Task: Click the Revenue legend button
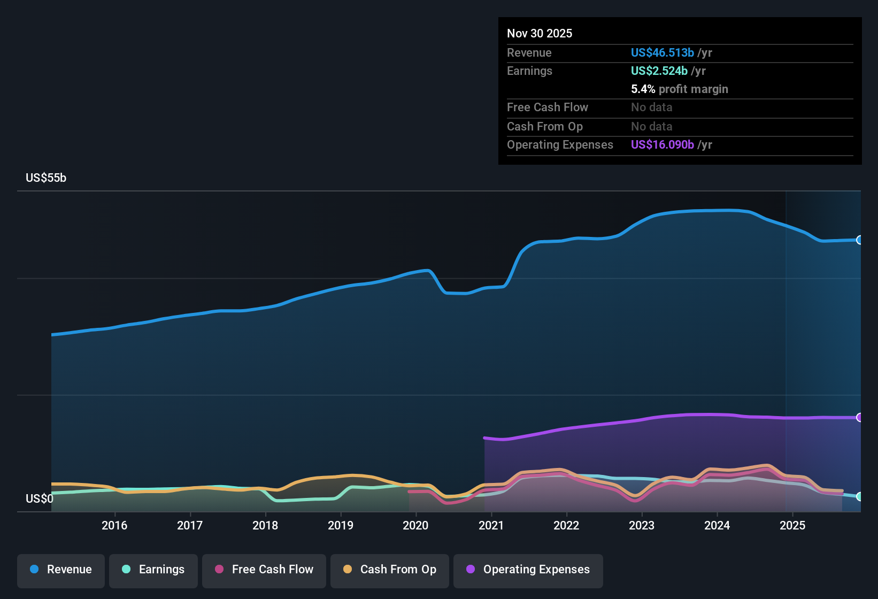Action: [61, 570]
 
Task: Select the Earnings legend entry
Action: [153, 570]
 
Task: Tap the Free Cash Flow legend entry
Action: [264, 570]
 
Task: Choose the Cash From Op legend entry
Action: [390, 570]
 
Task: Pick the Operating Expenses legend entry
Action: [528, 570]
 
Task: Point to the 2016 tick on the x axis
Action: [114, 525]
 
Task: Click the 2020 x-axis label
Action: [415, 525]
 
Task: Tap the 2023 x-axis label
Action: [642, 525]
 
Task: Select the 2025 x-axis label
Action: [792, 525]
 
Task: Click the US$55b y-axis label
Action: [46, 178]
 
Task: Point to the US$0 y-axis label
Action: [40, 499]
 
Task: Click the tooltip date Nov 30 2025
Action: [540, 33]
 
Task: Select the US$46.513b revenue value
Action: [662, 52]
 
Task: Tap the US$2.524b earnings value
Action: [659, 71]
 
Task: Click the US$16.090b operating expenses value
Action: [662, 144]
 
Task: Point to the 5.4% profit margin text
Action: [679, 89]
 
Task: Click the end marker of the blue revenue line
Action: [859, 240]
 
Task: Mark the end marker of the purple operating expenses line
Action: [859, 417]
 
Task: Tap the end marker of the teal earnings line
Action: [859, 496]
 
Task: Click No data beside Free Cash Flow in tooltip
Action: [651, 107]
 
